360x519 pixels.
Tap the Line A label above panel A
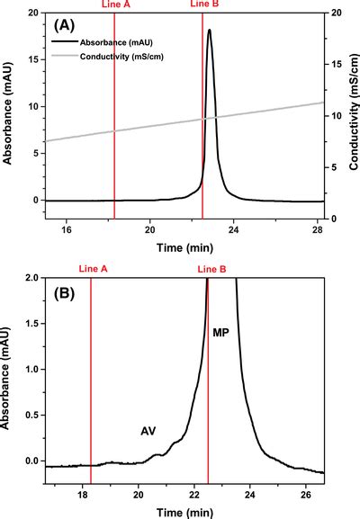(x=114, y=4)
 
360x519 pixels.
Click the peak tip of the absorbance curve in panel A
(x=210, y=31)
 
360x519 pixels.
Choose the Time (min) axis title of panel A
(x=184, y=246)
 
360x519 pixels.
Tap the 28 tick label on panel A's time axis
(x=317, y=230)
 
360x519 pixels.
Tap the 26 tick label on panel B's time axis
(x=306, y=495)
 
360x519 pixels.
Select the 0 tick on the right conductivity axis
(x=333, y=219)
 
